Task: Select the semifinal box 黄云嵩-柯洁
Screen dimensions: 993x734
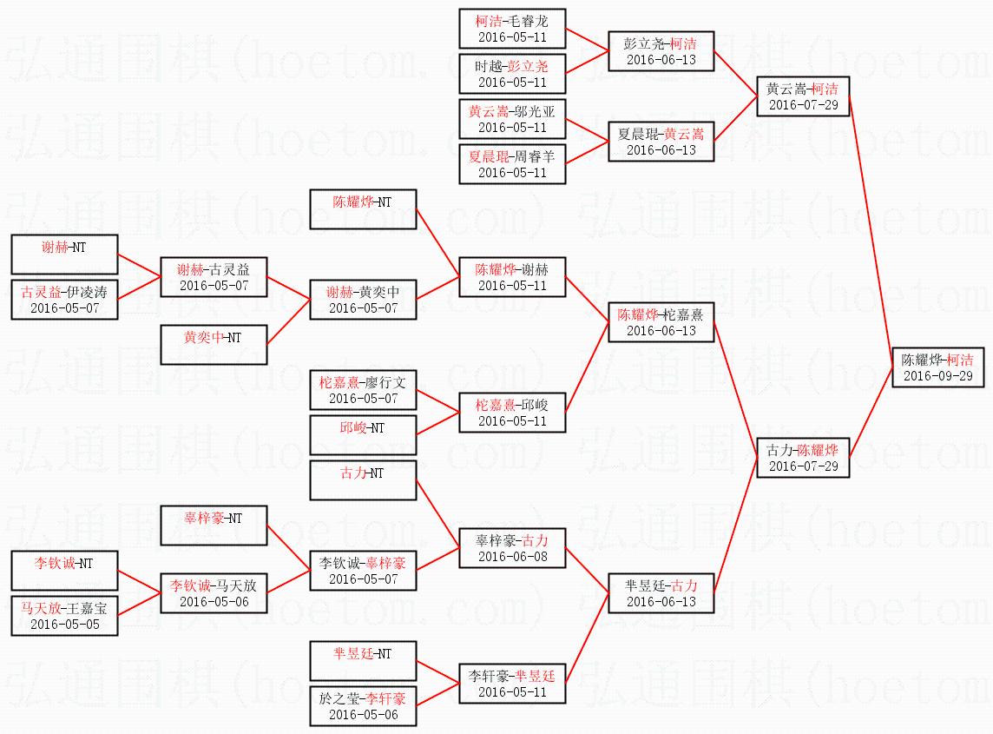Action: (803, 96)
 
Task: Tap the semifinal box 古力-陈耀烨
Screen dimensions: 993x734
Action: (803, 457)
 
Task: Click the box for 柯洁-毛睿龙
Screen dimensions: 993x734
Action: (512, 29)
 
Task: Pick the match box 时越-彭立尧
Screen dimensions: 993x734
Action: (512, 74)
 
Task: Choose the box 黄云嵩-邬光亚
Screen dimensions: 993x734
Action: (512, 119)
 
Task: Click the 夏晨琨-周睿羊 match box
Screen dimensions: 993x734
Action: (512, 164)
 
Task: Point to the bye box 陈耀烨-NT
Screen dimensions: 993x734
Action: (363, 209)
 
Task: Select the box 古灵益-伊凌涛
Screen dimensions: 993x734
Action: (64, 300)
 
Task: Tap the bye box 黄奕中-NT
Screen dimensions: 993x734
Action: (214, 345)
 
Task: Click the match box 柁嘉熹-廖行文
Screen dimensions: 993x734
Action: (363, 390)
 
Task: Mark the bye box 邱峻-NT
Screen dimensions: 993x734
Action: (363, 435)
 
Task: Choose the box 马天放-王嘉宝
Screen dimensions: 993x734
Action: (64, 616)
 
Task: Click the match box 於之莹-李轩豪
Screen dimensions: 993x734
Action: (363, 706)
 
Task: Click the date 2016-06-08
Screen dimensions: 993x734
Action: (512, 557)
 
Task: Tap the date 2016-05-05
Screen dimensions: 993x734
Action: (64, 625)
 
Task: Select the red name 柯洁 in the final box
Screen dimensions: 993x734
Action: (960, 360)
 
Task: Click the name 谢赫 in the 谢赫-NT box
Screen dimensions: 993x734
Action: (56, 248)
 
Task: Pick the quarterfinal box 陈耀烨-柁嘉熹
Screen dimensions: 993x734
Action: (661, 322)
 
